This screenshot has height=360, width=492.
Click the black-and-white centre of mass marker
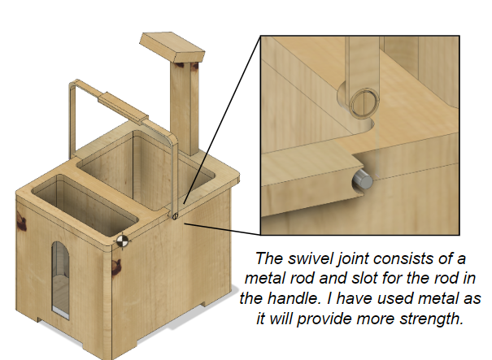122,241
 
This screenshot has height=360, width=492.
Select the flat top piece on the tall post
172,47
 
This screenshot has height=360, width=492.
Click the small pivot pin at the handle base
175,215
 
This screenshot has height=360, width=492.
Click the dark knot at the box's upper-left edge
21,221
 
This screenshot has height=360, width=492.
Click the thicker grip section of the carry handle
123,107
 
